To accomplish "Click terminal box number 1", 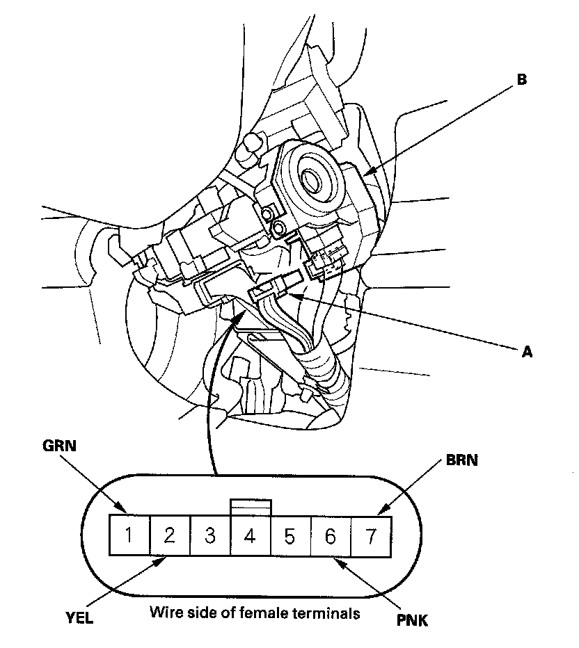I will click(x=129, y=535).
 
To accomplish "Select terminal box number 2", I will click(x=169, y=535).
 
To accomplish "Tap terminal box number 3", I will click(x=209, y=535).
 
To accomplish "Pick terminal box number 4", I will click(x=250, y=536).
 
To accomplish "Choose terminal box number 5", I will click(x=290, y=536).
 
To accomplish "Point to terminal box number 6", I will click(x=331, y=536).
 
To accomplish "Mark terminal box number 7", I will click(x=371, y=535).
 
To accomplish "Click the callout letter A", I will click(x=527, y=352).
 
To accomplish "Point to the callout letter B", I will click(x=522, y=80).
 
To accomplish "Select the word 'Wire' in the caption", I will click(x=163, y=613).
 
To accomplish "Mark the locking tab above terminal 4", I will click(x=250, y=506).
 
